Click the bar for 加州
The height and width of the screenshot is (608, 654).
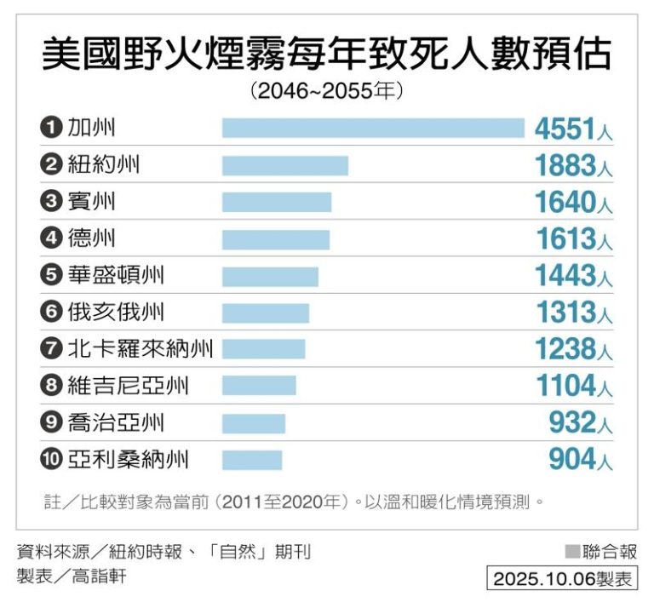coord(373,128)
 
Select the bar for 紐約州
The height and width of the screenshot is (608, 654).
coord(285,165)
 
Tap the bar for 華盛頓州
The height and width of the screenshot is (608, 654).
coord(270,276)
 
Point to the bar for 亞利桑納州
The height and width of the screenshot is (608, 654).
coord(252,460)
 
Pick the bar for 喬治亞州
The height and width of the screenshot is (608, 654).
coord(254,423)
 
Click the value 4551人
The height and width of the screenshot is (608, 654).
coord(573,129)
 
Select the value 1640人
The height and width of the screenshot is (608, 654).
coord(573,203)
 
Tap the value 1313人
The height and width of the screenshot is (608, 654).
coord(573,313)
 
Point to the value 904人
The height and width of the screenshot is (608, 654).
coord(580,460)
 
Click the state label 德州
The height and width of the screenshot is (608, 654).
coord(92,238)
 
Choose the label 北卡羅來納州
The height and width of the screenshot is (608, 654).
coord(141,349)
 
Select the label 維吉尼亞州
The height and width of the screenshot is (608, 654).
coord(128,386)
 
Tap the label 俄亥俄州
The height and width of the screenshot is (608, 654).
coord(116,313)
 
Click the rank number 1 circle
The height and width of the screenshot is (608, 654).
coord(51,129)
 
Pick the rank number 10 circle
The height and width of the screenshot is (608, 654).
coord(51,460)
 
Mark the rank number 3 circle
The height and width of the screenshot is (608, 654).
coord(51,203)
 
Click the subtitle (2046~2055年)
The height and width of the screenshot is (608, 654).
coord(327,90)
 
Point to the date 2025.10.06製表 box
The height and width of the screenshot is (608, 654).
coord(562,579)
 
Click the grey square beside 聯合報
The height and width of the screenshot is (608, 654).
coord(571,552)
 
